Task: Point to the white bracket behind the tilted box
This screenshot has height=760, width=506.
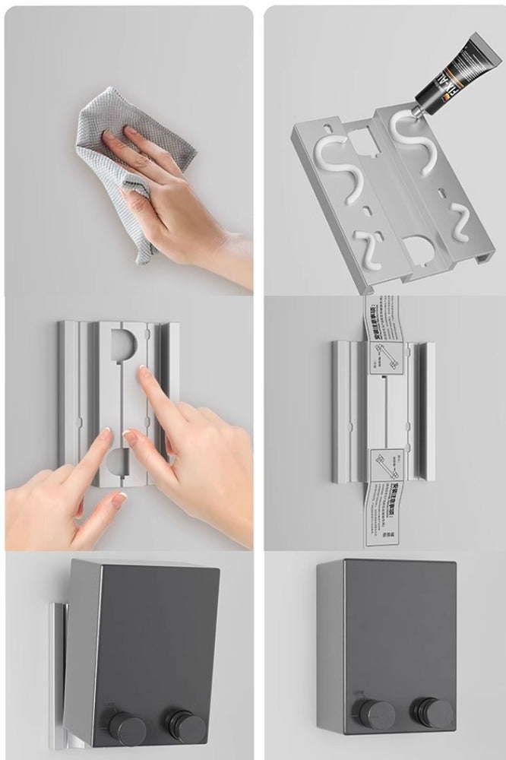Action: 58,661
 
